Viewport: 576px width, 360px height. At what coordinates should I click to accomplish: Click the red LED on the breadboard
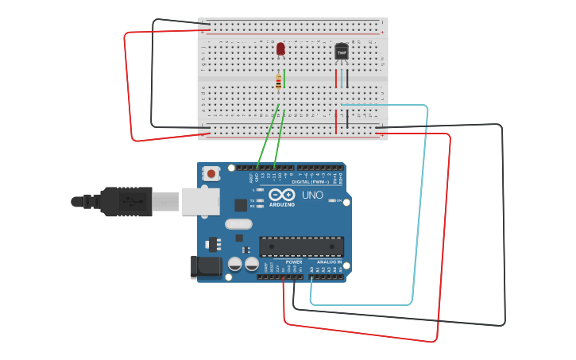point(280,48)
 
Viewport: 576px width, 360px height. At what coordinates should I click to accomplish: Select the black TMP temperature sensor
point(342,51)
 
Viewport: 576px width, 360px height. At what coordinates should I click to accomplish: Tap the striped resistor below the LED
point(278,81)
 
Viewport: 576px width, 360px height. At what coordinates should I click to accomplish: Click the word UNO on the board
point(312,195)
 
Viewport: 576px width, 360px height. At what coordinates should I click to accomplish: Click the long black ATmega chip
point(301,246)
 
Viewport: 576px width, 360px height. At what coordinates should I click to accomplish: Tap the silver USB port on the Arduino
point(199,201)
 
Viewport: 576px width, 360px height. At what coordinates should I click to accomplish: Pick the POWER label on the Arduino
point(293,261)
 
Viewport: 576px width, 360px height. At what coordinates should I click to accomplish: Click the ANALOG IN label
point(329,261)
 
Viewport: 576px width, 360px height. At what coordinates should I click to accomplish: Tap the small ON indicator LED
point(333,201)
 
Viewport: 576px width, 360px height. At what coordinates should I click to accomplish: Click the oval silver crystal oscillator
point(238,224)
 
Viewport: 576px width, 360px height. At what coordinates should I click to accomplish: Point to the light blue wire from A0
point(413,207)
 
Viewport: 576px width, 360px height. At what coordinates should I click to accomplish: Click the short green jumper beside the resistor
point(284,78)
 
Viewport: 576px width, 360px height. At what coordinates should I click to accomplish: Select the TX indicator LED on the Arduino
point(260,200)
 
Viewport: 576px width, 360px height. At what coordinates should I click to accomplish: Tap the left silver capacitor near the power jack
point(235,263)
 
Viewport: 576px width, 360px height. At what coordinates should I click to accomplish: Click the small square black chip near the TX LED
point(241,205)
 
